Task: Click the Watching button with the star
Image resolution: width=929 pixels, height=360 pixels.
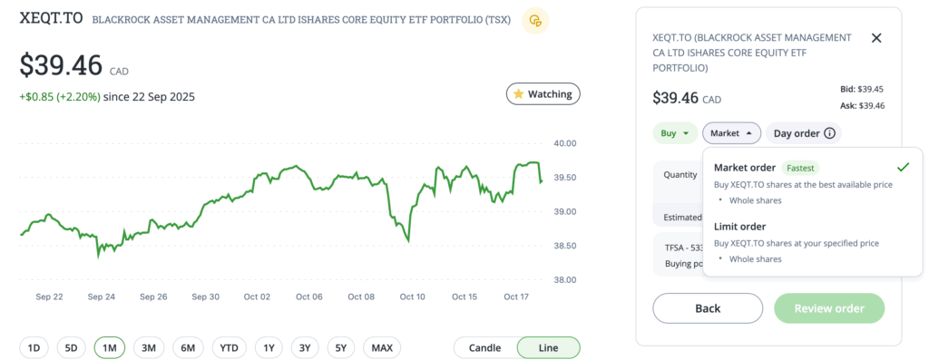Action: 543,93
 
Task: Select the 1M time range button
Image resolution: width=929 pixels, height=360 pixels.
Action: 109,347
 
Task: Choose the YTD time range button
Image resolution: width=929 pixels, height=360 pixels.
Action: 229,347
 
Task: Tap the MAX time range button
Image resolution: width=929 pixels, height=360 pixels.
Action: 382,347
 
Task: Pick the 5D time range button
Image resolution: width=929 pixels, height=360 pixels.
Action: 71,347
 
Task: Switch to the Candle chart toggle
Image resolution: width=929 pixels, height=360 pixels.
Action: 485,347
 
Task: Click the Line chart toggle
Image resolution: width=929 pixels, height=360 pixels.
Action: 548,347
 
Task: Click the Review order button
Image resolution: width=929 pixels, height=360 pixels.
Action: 828,308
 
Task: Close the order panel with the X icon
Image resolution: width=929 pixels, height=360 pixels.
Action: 875,38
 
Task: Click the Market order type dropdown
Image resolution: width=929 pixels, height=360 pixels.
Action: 731,133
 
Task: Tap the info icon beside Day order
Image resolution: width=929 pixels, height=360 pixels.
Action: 829,133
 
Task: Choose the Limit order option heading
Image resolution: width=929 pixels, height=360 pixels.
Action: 739,226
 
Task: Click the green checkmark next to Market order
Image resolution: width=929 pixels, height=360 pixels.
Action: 902,167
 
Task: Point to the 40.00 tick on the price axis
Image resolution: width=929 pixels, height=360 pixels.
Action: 566,143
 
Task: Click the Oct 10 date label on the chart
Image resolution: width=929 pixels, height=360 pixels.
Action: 412,297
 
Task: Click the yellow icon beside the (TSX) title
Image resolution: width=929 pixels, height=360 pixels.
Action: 536,20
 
